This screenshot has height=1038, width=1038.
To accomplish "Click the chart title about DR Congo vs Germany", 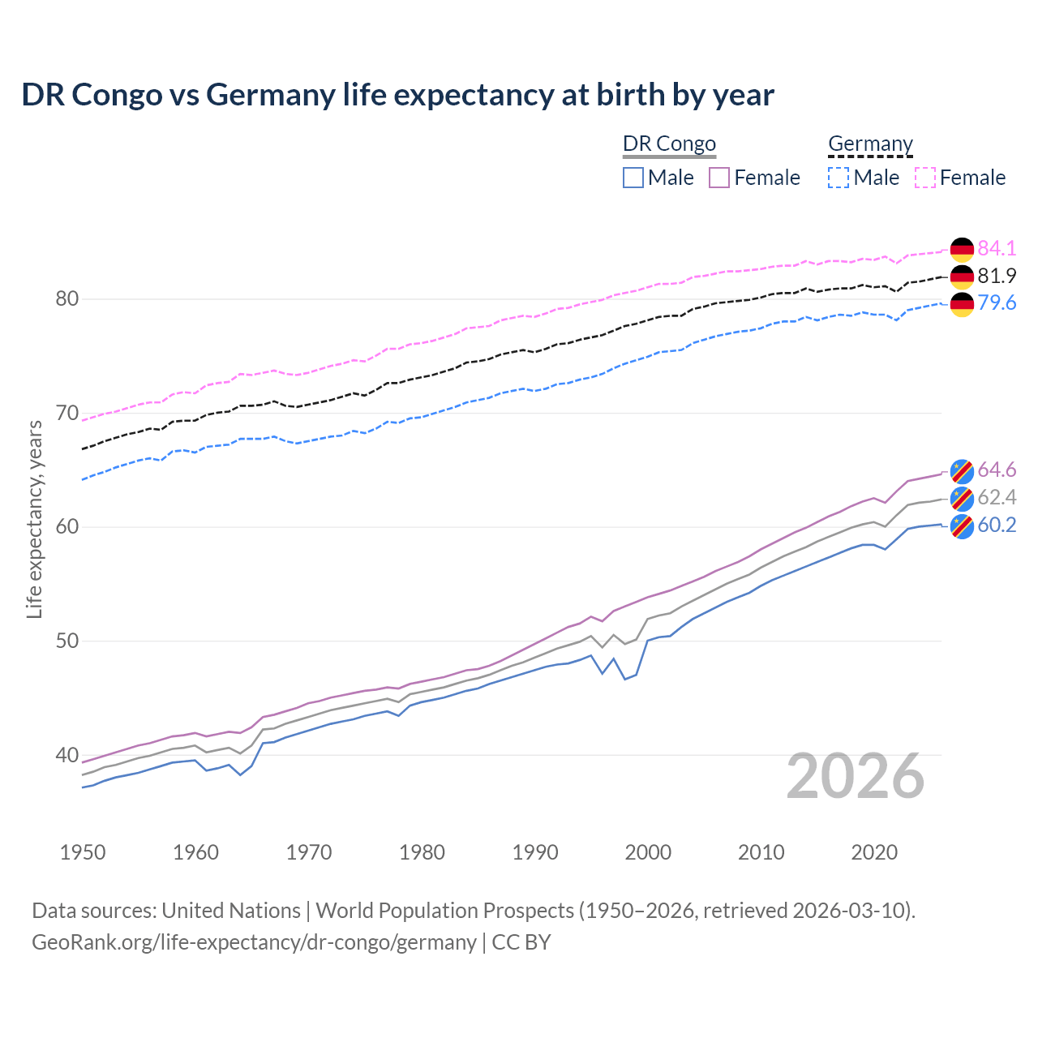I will [x=397, y=95].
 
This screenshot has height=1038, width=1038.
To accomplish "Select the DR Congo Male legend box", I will [x=633, y=178].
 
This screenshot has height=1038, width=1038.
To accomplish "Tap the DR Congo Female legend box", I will [x=719, y=178].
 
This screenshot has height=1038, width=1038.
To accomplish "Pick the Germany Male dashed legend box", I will [x=839, y=178].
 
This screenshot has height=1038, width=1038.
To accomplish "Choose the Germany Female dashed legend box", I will [x=925, y=178].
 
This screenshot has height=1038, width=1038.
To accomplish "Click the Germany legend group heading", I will [x=870, y=144].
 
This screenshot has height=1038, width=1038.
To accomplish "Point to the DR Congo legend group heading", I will [x=669, y=144].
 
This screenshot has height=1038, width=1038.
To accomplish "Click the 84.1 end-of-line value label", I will [x=997, y=248].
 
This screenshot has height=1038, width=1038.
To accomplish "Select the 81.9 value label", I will [x=997, y=276].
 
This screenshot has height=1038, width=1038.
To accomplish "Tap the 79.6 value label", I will [x=997, y=303].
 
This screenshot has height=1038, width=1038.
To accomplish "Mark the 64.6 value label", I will [x=997, y=470].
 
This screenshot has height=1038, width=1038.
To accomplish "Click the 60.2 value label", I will [x=997, y=525].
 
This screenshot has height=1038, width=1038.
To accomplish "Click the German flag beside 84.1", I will [x=962, y=249].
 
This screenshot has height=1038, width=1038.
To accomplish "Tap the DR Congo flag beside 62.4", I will [x=962, y=498].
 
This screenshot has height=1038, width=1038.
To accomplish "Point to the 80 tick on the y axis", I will [x=67, y=299].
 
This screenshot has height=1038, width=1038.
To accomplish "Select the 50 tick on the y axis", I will [x=67, y=641].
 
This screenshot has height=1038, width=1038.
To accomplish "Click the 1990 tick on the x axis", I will [x=535, y=852].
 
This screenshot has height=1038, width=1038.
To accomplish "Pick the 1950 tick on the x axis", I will [x=83, y=852].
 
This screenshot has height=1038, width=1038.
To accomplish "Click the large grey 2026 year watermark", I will [x=856, y=777].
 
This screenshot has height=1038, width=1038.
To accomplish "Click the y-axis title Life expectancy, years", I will [x=34, y=519].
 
